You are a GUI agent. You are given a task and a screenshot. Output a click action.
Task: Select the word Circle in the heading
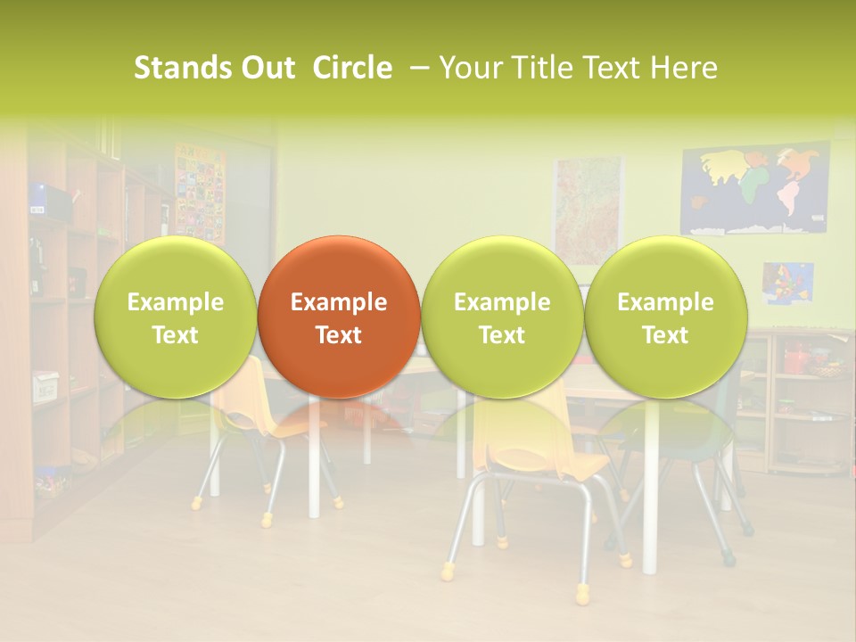click(x=352, y=68)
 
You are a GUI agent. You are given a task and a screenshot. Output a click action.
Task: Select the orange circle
click(x=339, y=317)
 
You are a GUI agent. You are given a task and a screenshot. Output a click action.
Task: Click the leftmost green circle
click(x=176, y=317)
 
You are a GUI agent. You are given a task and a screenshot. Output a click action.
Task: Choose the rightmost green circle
click(x=665, y=317)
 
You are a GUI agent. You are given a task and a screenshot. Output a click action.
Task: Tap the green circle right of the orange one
click(x=502, y=317)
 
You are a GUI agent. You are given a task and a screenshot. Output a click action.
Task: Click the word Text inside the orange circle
click(x=339, y=335)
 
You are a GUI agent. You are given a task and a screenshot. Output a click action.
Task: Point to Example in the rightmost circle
click(x=665, y=302)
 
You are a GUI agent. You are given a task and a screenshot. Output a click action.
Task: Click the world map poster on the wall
click(x=754, y=189)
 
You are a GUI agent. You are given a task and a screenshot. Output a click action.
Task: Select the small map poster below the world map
click(x=787, y=283)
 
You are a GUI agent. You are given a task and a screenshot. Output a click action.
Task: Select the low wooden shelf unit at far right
click(x=802, y=401)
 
